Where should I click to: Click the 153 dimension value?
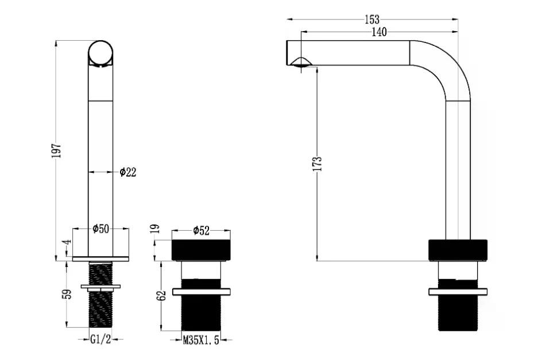click(372, 20)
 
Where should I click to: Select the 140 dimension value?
click(379, 32)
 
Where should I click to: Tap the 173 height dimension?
click(318, 164)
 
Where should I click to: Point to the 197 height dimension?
click(56, 150)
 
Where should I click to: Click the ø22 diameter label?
click(128, 172)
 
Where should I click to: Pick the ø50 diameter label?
click(101, 229)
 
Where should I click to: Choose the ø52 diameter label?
click(202, 230)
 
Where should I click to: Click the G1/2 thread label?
click(100, 339)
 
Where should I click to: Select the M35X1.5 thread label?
click(201, 340)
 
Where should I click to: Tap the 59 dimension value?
click(68, 295)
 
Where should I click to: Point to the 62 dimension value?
click(162, 296)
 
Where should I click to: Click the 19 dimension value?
click(156, 229)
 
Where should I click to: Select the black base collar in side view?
click(458, 250)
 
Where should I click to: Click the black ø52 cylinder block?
click(201, 250)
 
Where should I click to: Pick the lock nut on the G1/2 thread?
click(100, 287)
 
